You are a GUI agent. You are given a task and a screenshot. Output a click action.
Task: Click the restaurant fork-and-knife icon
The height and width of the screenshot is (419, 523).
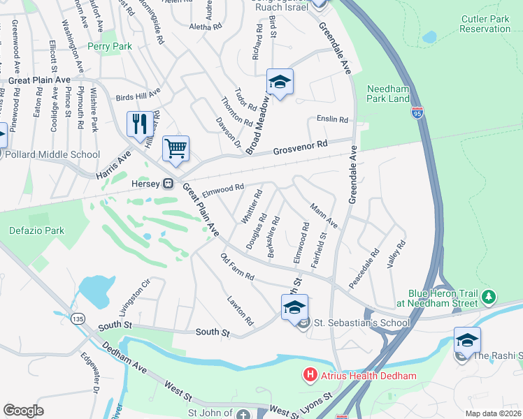point(138,124)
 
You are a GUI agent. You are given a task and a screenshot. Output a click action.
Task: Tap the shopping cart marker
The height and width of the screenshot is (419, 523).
point(175,148)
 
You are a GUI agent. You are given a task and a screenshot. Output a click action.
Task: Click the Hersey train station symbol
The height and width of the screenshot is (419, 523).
point(169,184)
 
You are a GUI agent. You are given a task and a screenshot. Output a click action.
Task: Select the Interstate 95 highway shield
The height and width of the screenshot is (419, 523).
point(418,112)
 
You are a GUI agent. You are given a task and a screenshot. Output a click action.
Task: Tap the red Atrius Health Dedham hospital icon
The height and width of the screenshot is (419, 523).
point(310,376)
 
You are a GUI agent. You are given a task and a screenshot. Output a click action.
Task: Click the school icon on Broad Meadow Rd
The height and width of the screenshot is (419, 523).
point(279,82)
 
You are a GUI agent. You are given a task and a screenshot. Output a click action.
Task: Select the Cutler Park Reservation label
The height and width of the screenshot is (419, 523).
point(485,24)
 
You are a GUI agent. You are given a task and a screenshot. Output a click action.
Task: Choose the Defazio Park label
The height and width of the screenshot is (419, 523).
point(36,230)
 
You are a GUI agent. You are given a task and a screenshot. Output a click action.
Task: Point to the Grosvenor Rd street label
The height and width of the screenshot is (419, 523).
point(300,146)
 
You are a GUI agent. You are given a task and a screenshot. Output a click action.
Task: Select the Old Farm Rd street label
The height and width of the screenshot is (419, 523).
point(237,267)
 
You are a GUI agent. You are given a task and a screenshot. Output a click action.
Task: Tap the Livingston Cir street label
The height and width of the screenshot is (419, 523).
point(135,296)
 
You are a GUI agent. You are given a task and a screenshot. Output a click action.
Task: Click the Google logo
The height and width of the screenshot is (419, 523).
point(23,410)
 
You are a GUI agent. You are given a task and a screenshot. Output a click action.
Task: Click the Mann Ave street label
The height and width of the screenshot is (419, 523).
point(324,216)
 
